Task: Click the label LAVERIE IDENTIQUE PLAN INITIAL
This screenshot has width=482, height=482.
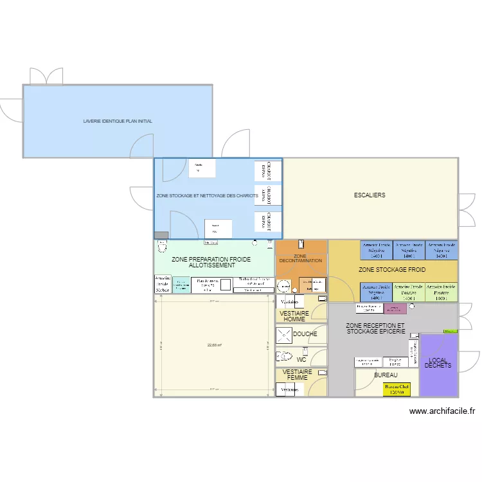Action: (x=118, y=121)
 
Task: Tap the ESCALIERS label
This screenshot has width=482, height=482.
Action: (x=370, y=195)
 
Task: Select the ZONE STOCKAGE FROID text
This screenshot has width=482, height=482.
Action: (x=392, y=271)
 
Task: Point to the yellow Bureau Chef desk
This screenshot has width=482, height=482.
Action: (x=397, y=389)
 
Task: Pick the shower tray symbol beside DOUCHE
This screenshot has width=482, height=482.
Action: (x=283, y=335)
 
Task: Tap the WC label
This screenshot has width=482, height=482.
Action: (x=301, y=360)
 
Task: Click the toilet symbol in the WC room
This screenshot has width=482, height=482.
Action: (x=285, y=355)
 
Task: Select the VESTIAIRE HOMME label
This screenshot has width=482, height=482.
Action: (x=296, y=316)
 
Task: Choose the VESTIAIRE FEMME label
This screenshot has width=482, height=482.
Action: (x=298, y=375)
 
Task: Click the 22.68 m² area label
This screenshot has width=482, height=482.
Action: (x=214, y=345)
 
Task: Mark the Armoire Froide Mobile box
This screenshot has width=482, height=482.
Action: (x=163, y=284)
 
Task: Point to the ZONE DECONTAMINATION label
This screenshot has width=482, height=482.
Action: (x=301, y=258)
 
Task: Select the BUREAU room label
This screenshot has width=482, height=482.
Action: (x=386, y=375)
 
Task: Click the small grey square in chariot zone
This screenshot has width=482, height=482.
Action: (x=161, y=235)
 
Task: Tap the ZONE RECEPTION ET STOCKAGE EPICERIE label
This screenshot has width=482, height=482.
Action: (x=375, y=328)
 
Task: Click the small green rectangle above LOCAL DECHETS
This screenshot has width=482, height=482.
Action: (x=447, y=331)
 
